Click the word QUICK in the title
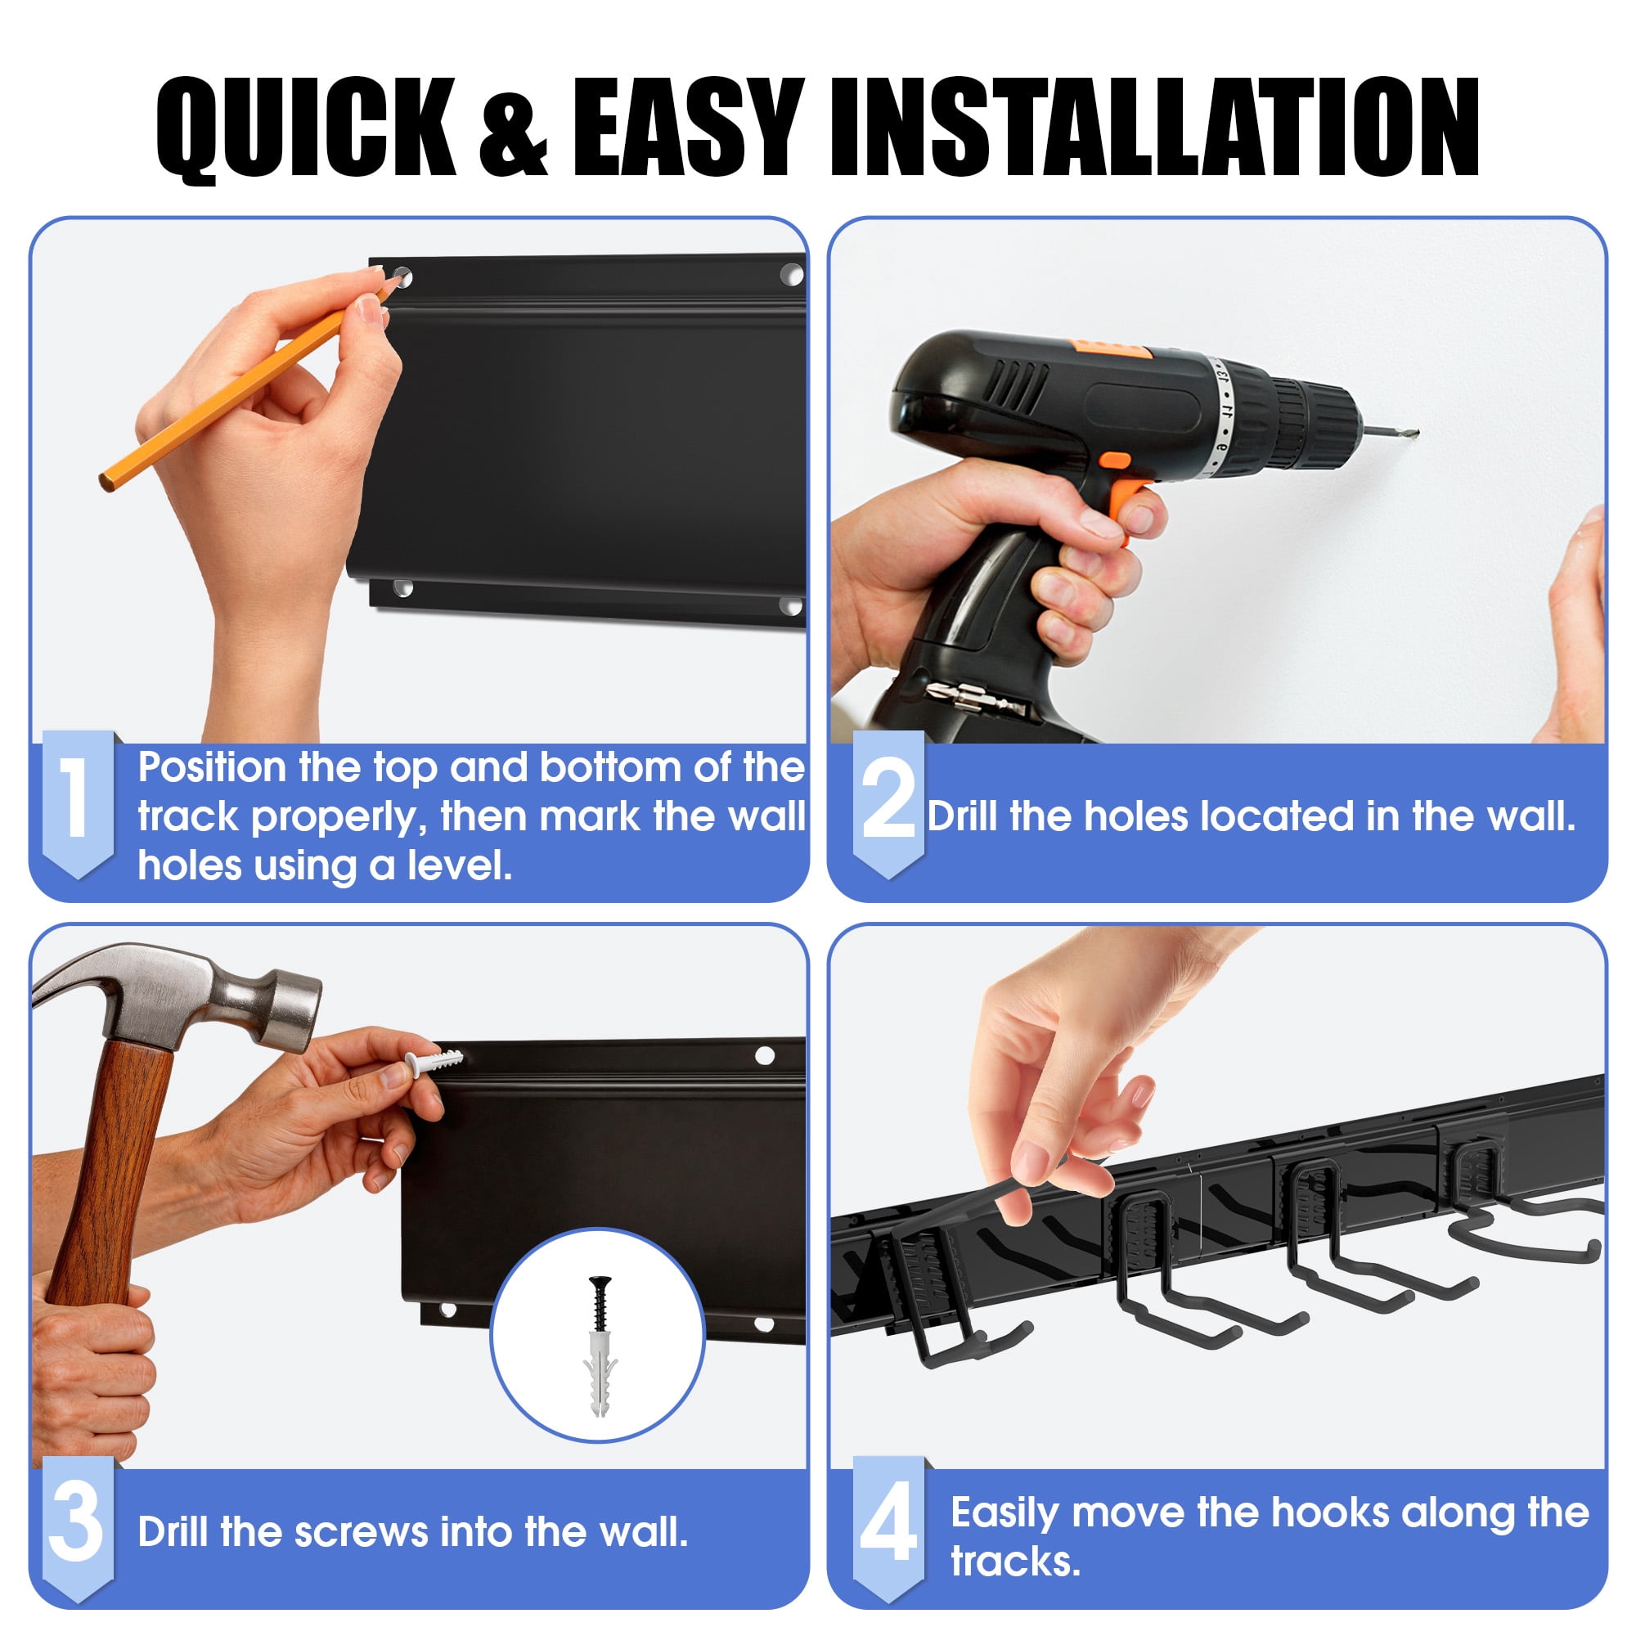click(x=307, y=128)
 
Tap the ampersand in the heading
click(x=514, y=129)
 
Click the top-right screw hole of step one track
click(x=791, y=274)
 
